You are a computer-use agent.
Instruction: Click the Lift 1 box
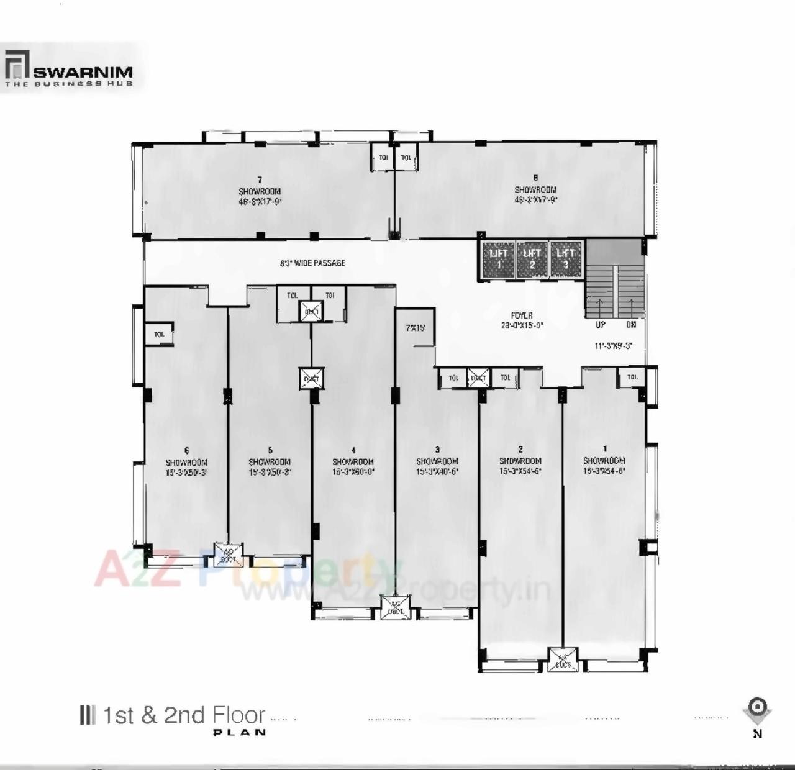tap(499, 259)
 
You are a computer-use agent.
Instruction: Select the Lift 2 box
tap(532, 259)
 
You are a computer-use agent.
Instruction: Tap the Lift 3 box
tap(566, 259)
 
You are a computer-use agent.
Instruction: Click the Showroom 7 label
tap(260, 191)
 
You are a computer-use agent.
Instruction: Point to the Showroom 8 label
tap(535, 189)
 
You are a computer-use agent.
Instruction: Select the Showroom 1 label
tap(604, 460)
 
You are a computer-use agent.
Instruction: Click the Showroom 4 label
tap(353, 461)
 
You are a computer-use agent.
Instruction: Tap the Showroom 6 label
tap(186, 462)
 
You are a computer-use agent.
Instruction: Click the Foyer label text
tap(522, 315)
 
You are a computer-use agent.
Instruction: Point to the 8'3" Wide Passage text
tap(312, 263)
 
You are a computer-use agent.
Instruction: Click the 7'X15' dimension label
tap(416, 327)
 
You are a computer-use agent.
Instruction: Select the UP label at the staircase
tap(600, 325)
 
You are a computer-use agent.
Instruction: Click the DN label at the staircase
tap(631, 325)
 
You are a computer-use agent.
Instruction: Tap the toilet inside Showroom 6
tap(159, 335)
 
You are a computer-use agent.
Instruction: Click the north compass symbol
tap(757, 709)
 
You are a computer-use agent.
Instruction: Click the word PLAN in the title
tap(240, 733)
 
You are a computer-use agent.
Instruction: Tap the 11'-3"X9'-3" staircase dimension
tap(613, 346)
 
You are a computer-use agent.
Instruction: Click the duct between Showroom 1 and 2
tap(563, 659)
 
